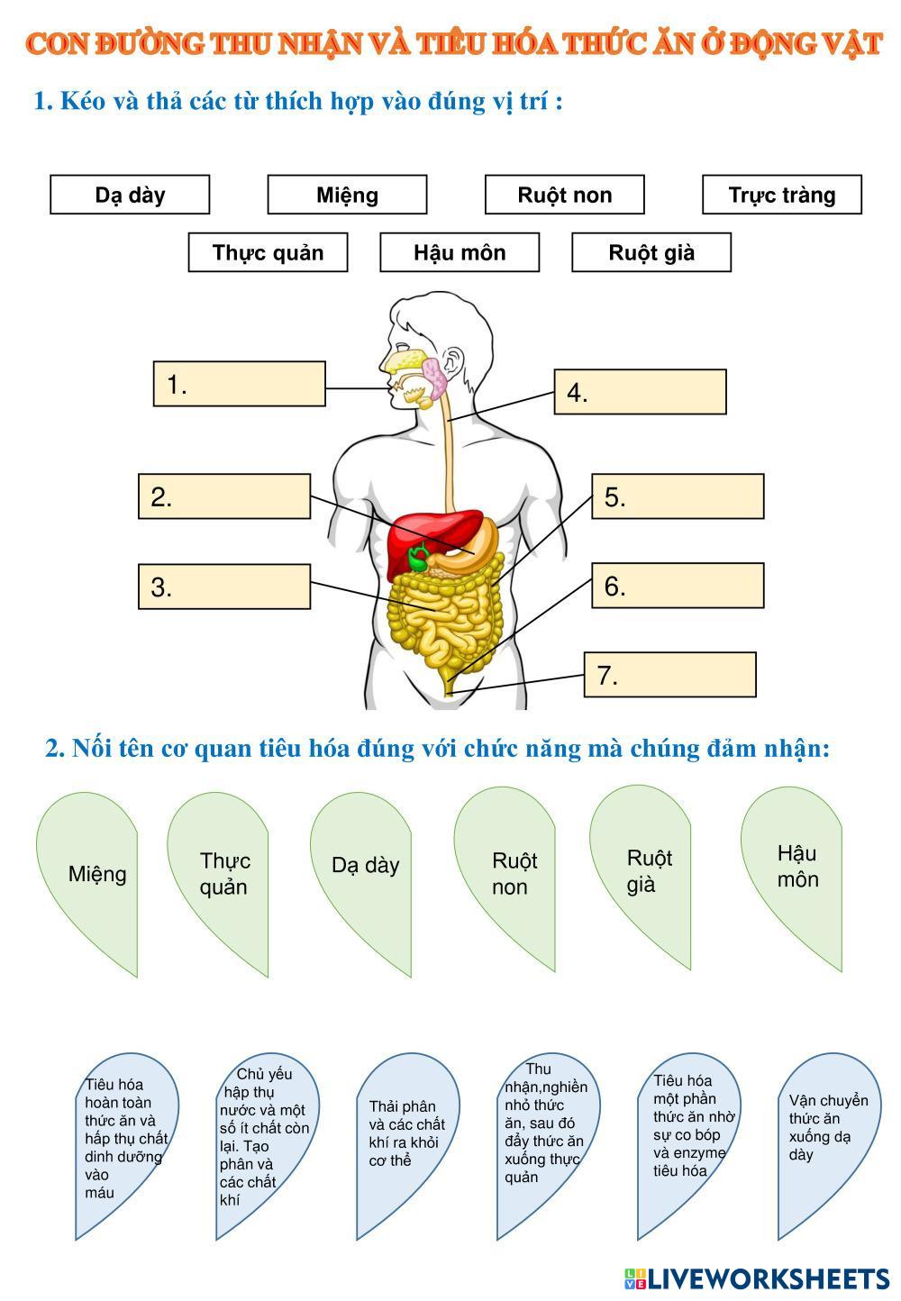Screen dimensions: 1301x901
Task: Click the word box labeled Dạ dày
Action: (x=130, y=195)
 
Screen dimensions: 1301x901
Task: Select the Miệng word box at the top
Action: (x=347, y=195)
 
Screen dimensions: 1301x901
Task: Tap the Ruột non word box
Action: (x=564, y=195)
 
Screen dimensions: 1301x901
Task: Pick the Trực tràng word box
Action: (x=781, y=195)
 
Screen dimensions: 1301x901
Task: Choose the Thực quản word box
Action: (x=268, y=252)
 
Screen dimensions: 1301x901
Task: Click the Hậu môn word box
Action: (x=460, y=252)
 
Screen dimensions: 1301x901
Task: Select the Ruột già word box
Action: (x=651, y=252)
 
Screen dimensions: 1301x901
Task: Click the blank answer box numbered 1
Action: (x=239, y=384)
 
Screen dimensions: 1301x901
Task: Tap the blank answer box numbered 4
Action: (x=640, y=392)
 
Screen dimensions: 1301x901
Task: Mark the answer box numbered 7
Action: (x=669, y=675)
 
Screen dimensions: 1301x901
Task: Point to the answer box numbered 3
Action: (x=224, y=587)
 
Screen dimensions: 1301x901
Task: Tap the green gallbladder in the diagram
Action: (x=418, y=559)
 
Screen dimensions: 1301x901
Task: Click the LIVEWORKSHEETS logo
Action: (x=757, y=1278)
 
